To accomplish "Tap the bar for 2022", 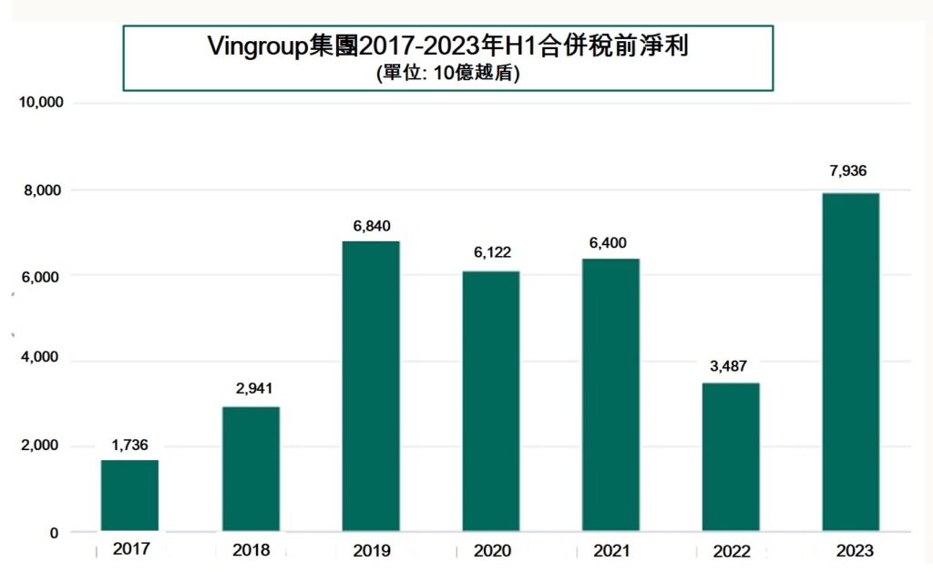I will click(731, 456).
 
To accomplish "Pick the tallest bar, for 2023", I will click(850, 362).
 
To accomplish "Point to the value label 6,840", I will click(370, 226).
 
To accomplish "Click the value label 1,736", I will click(129, 445).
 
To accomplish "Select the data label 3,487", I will click(731, 368).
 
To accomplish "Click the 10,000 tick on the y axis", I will click(41, 103).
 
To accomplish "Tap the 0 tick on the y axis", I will click(54, 533).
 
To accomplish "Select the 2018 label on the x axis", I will click(251, 550).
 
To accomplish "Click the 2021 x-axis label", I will click(611, 550).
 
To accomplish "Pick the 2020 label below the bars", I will click(491, 550).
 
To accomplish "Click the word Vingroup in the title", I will click(268, 46).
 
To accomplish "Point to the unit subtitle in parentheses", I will click(447, 76).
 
